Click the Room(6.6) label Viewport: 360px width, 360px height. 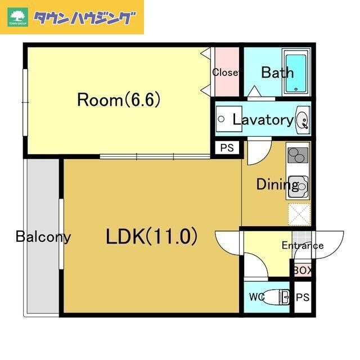119,100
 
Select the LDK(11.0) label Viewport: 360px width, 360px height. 152,237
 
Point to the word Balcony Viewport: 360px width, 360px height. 43,236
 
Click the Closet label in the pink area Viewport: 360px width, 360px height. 226,73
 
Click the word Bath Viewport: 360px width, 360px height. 277,73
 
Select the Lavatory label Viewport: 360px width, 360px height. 263,119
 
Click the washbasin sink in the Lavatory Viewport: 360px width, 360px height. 302,119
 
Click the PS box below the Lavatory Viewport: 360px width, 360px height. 227,148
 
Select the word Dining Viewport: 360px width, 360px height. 270,184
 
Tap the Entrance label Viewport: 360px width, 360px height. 302,245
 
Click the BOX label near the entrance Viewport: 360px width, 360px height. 302,271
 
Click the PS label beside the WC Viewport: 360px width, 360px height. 303,297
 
